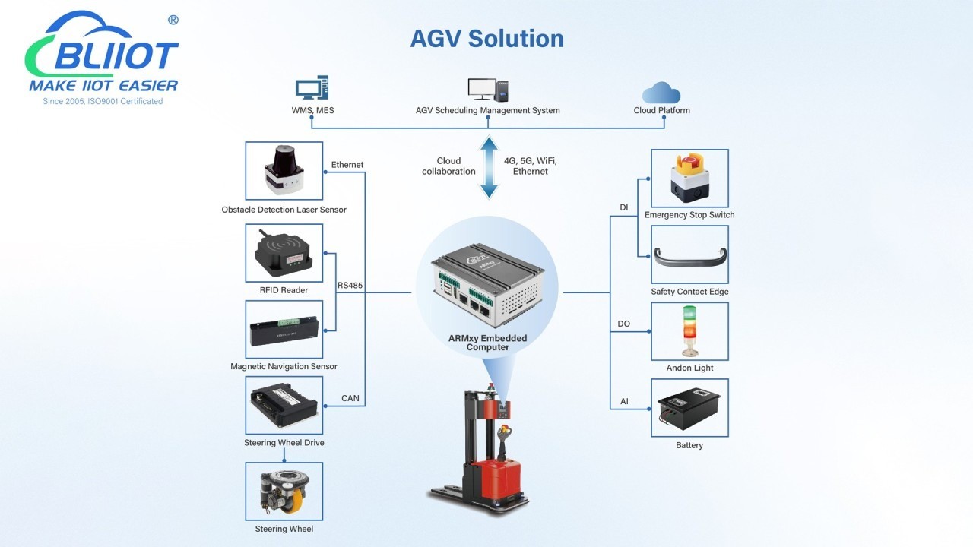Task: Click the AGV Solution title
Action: click(x=486, y=38)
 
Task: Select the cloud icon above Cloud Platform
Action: click(x=661, y=93)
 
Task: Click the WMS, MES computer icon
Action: click(x=312, y=88)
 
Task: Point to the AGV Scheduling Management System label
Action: click(x=487, y=110)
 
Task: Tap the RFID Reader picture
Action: click(x=284, y=253)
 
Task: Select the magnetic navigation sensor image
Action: click(x=284, y=329)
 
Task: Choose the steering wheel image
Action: click(x=284, y=491)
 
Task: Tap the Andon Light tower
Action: click(x=689, y=331)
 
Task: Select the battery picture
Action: click(x=689, y=408)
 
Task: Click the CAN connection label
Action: click(x=350, y=398)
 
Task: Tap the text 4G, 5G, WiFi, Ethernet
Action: click(x=530, y=166)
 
